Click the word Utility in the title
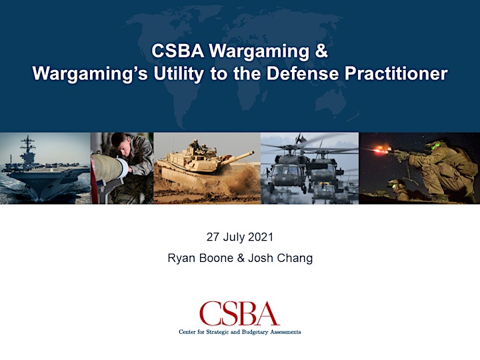coord(179,74)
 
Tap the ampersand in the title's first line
coord(321,51)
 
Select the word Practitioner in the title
coord(396,74)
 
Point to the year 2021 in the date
coord(261,237)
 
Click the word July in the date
coord(234,237)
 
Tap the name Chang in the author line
coord(295,259)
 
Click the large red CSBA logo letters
coord(239,313)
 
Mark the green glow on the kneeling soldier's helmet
coord(435,145)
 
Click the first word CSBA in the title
coord(178,51)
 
